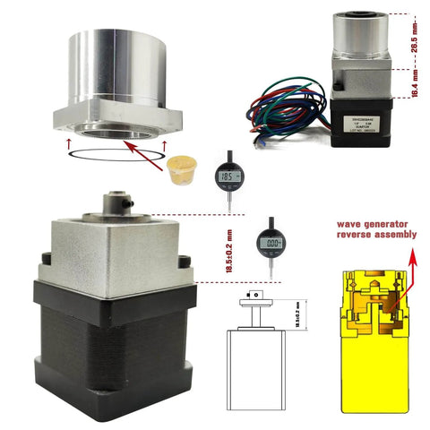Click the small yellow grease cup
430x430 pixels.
182,166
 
